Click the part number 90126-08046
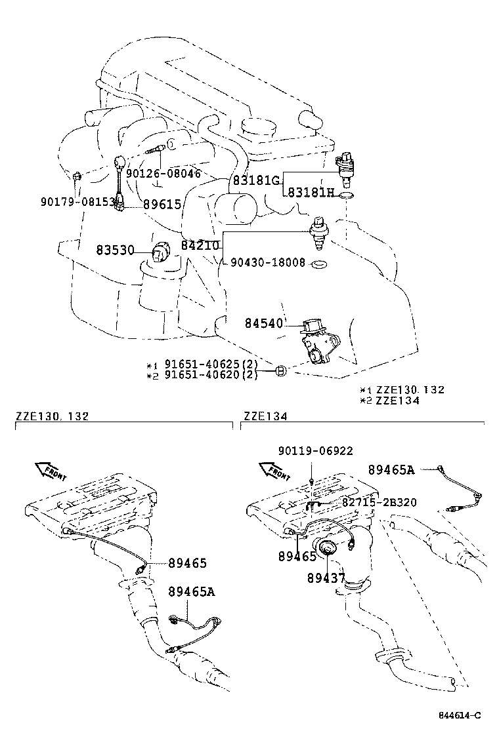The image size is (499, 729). pos(163,174)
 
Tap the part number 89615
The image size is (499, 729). pos(162,205)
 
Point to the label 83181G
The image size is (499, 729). pos(255,180)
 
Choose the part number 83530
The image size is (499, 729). pos(116,250)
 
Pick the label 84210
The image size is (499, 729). pos(200,245)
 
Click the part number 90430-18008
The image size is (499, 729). pos(267,262)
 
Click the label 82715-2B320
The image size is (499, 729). pos(379,502)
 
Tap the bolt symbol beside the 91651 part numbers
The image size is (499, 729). pos(280,370)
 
